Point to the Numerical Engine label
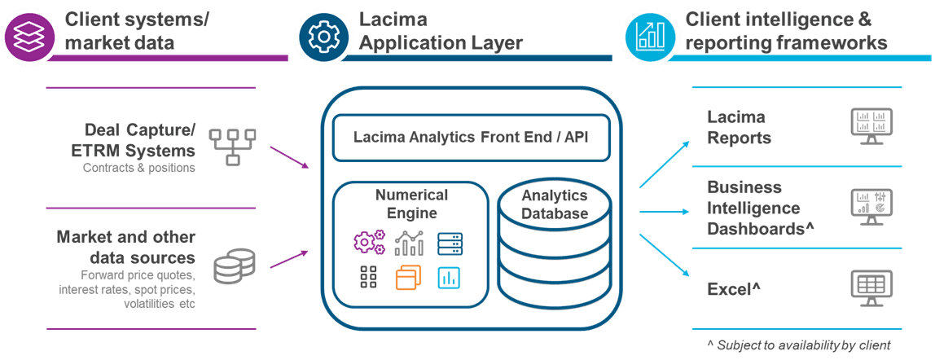click(x=411, y=204)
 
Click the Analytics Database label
click(x=554, y=204)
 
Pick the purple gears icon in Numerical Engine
click(x=368, y=242)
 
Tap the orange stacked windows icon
click(x=408, y=278)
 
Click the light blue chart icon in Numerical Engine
click(x=449, y=278)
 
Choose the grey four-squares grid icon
click(x=367, y=278)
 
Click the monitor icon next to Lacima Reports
click(x=868, y=125)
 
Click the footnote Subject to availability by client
click(x=799, y=345)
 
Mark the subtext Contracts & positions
click(x=138, y=169)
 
